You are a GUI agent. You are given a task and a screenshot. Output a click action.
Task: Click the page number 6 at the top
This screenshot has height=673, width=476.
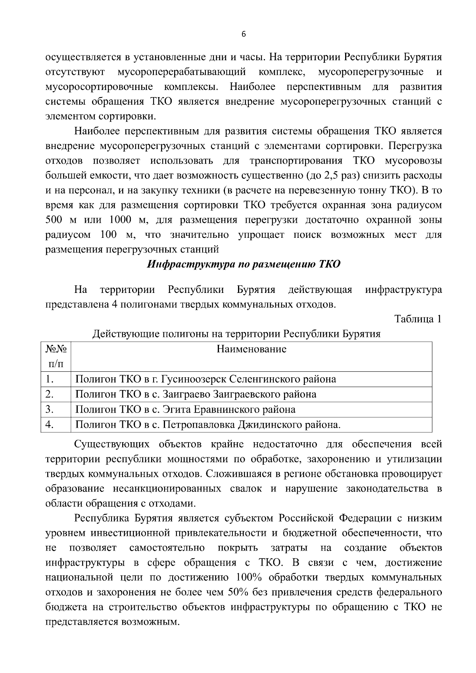coord(244,34)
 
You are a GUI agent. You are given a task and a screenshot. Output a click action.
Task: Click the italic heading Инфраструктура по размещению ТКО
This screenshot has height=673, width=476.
coord(244,264)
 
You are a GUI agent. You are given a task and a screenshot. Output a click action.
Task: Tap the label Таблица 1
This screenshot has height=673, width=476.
coord(417,319)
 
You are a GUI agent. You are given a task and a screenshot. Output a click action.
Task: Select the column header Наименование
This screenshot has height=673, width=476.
coord(251,349)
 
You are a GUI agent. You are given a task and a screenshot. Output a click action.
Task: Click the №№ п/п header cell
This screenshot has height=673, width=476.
coord(56,356)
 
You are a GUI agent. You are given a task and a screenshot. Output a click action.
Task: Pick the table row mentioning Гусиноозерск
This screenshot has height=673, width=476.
coord(205,379)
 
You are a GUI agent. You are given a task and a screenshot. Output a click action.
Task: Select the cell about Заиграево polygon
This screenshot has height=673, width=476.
coord(196,394)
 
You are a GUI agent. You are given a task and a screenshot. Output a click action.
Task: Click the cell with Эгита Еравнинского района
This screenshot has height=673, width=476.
coord(185,409)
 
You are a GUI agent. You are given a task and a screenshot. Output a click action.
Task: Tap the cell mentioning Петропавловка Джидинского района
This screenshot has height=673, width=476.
coord(208,425)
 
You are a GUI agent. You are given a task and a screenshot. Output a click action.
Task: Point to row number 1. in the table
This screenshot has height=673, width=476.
coord(50,379)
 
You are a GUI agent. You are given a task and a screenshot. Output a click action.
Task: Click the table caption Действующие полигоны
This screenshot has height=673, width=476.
coord(236,334)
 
